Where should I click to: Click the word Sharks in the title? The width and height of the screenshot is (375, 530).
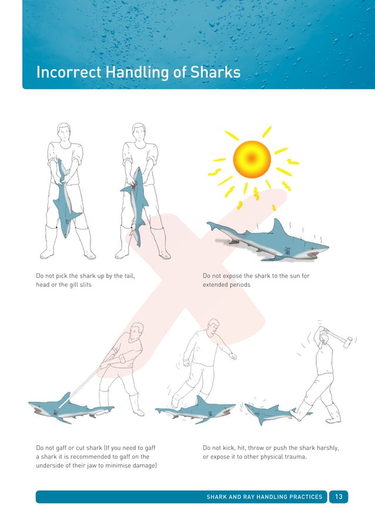click(x=215, y=72)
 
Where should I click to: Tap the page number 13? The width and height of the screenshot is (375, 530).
click(x=339, y=497)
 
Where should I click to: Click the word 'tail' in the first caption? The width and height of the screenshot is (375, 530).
click(x=135, y=275)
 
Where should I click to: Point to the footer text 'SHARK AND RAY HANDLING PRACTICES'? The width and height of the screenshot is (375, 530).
click(x=264, y=497)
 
